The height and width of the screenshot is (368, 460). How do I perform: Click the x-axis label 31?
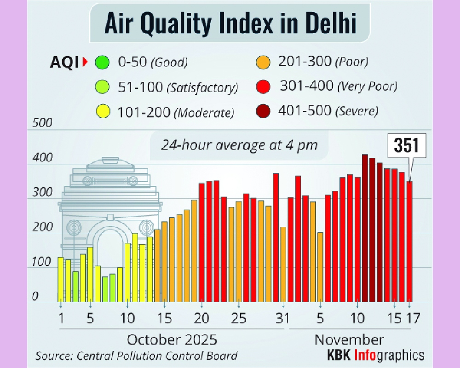(282, 318)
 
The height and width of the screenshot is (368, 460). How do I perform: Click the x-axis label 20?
(201, 318)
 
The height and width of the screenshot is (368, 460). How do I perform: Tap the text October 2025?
(172, 340)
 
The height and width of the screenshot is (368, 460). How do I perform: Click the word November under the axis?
(349, 340)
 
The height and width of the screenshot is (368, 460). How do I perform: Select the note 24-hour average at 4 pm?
(239, 145)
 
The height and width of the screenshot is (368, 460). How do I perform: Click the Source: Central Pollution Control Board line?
(137, 356)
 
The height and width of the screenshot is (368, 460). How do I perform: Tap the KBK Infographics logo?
(375, 355)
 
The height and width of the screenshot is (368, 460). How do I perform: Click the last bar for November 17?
(409, 241)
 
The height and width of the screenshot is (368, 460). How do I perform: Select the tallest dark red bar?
(365, 228)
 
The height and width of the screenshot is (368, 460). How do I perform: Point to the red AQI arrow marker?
(85, 62)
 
